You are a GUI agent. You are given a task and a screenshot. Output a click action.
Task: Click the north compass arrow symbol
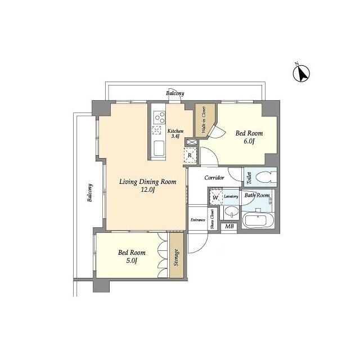(301, 73)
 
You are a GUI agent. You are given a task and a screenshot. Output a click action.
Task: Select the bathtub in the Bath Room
(258, 220)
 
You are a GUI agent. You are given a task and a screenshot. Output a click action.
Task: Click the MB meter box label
(229, 226)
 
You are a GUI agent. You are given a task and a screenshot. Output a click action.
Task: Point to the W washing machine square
(215, 197)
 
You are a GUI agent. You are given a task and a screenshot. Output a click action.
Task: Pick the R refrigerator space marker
(190, 155)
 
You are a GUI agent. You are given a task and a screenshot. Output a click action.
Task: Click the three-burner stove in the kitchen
(159, 118)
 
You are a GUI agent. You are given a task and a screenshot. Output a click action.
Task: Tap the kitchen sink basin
(159, 148)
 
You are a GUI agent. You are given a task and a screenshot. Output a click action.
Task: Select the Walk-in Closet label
(204, 120)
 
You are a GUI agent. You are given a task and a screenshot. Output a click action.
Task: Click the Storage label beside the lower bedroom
(176, 258)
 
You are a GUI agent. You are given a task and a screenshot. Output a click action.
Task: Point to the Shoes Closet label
(213, 219)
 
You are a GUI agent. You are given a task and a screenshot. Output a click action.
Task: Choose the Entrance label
(198, 220)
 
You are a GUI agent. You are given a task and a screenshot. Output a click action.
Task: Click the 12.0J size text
(147, 190)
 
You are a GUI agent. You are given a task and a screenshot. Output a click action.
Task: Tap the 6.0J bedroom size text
(249, 141)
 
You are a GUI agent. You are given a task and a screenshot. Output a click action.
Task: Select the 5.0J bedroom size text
(132, 260)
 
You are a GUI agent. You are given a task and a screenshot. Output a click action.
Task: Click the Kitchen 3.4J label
(175, 133)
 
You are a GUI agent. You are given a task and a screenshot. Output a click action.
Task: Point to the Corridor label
(214, 178)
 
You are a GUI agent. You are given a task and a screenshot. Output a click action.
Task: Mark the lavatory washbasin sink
(231, 211)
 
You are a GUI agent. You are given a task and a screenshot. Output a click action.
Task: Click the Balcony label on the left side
(90, 192)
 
